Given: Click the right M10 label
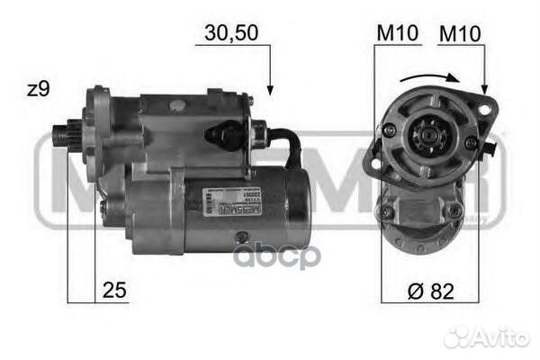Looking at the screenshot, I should pos(460,33).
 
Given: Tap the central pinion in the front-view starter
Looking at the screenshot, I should pos(418,144).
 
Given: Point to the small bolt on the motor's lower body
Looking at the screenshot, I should pos(240,237).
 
